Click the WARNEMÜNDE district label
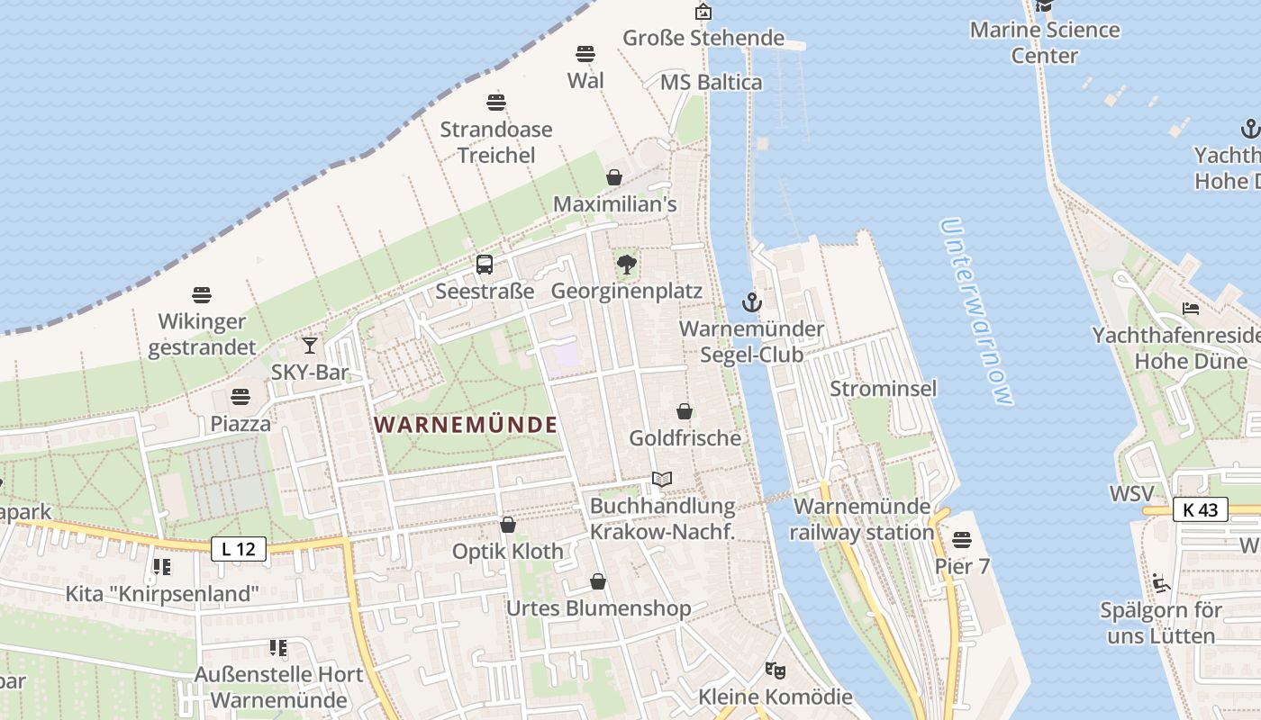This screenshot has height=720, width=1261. click(466, 425)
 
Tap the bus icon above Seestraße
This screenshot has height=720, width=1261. click(485, 265)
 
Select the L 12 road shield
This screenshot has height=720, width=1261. click(240, 548)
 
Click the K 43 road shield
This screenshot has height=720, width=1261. click(1201, 509)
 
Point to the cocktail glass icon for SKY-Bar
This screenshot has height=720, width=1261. click(310, 345)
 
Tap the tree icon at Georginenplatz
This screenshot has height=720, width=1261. click(626, 265)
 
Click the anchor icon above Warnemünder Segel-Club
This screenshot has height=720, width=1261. click(751, 301)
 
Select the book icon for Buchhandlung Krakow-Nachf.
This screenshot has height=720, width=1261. click(662, 480)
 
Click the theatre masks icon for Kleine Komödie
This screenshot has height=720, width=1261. click(774, 670)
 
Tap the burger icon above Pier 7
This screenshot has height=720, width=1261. click(962, 540)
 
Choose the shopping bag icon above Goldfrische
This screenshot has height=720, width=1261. click(685, 411)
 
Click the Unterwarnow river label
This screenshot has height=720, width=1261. click(976, 311)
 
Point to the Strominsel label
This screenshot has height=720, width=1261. click(883, 389)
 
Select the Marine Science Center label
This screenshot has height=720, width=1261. click(1045, 42)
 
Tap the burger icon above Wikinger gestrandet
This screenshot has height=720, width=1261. click(202, 295)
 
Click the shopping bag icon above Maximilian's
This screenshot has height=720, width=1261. click(614, 177)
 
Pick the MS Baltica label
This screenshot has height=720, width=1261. click(711, 83)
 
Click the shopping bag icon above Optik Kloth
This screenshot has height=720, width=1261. click(508, 525)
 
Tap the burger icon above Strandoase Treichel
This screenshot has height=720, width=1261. click(496, 102)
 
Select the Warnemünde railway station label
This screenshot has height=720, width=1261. click(862, 519)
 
